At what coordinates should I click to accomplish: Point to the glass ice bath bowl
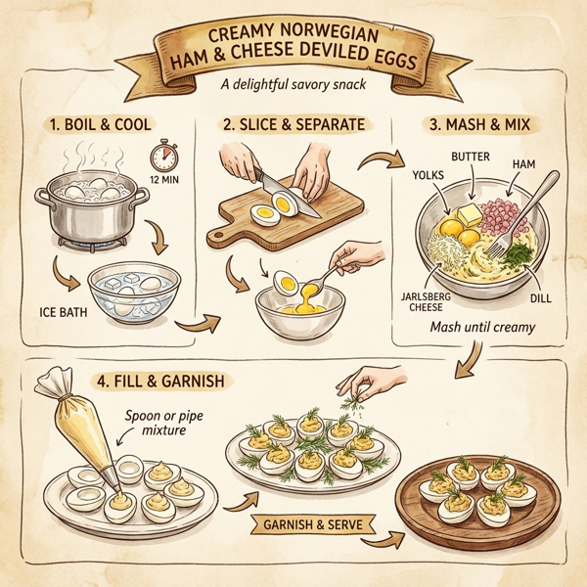point(134,290)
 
